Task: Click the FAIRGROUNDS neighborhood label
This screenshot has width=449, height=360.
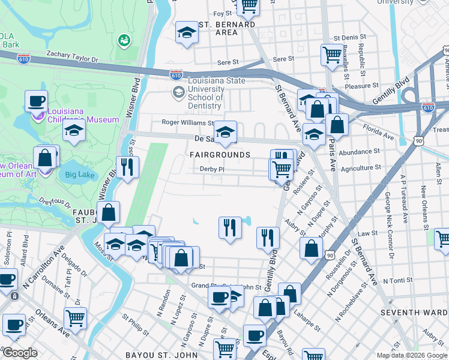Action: point(220,155)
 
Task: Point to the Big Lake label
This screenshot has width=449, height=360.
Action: point(78,175)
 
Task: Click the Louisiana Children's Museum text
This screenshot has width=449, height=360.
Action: point(76,119)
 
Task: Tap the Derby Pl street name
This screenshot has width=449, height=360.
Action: point(212,169)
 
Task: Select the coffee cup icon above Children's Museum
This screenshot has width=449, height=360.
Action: point(36,100)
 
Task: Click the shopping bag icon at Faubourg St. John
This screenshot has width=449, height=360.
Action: point(108,212)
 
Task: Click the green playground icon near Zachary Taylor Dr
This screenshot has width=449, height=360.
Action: point(124,40)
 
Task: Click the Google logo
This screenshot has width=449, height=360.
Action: point(20,353)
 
